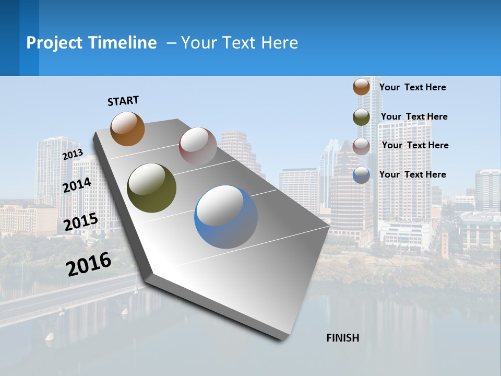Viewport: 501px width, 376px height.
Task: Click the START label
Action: tap(123, 101)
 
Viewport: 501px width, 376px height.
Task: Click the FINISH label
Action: tap(343, 338)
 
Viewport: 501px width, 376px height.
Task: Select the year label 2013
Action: tap(73, 154)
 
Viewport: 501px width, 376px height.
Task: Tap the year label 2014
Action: tap(77, 185)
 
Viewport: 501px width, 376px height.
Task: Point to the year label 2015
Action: tap(81, 222)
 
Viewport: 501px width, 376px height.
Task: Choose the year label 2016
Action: tap(89, 264)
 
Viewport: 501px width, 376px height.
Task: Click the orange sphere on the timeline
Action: tap(127, 128)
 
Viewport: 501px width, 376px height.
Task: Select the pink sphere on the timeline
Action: tap(198, 146)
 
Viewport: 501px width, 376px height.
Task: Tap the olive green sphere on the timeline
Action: tap(151, 188)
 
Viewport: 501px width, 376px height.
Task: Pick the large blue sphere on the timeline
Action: tap(226, 217)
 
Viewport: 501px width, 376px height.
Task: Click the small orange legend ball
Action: tap(361, 87)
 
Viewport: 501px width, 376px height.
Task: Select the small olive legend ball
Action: tap(361, 117)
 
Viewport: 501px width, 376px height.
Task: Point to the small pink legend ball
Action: tap(361, 146)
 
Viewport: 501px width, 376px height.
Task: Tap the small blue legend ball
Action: tap(361, 175)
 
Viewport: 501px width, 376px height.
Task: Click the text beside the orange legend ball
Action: tap(412, 87)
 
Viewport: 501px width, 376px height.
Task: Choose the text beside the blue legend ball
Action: tap(412, 174)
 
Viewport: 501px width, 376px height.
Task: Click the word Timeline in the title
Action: tap(122, 43)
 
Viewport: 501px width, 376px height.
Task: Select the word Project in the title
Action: tap(54, 43)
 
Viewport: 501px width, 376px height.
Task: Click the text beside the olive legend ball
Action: tap(414, 116)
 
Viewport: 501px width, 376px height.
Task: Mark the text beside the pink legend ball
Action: tap(415, 145)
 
